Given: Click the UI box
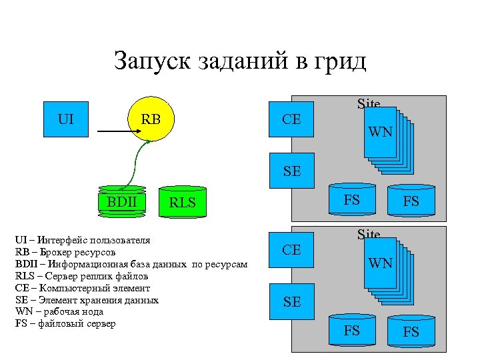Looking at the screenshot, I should (66, 120).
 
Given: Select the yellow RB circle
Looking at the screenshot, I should (151, 120).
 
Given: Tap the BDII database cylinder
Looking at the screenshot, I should (121, 201).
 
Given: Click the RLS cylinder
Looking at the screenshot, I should (182, 203).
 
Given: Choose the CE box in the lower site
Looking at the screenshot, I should (291, 250).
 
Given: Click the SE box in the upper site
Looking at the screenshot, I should (291, 171).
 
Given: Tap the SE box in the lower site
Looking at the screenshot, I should (291, 301).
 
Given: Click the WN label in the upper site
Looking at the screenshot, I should (381, 133).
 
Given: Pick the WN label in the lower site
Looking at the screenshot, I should (381, 263).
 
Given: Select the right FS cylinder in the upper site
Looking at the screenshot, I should (411, 201).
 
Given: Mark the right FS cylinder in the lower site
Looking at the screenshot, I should (411, 331).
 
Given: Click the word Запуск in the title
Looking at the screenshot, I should (153, 61).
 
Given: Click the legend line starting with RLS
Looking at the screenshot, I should (81, 276).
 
